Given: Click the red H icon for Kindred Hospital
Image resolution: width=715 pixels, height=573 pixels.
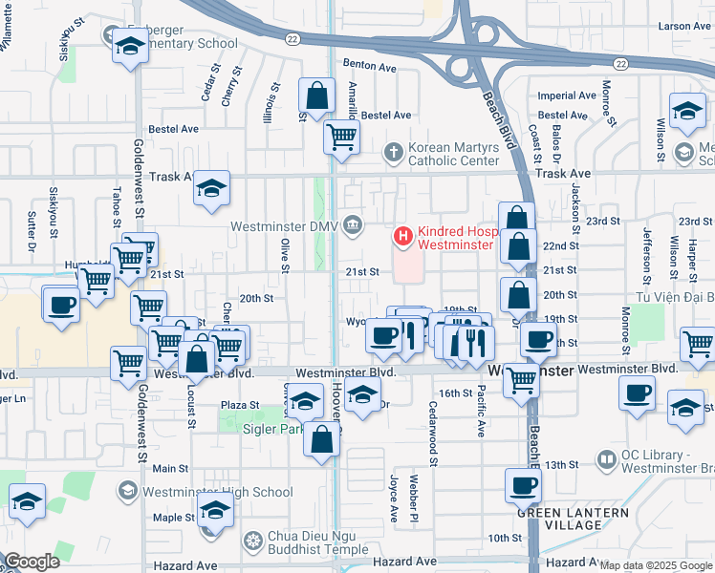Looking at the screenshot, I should [403, 235].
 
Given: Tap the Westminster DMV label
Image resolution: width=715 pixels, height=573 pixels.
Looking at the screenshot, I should [285, 226].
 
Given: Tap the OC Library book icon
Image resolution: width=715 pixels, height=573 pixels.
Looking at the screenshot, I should [606, 460].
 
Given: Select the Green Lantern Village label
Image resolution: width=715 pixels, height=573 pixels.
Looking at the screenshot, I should [574, 519].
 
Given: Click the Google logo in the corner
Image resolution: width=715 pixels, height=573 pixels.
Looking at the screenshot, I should [32, 562].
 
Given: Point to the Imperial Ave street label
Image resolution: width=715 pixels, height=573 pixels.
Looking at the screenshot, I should [568, 95].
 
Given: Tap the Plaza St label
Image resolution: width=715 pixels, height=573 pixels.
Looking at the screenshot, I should [240, 405].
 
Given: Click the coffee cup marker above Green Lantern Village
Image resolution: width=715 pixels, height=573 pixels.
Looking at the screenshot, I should [524, 484].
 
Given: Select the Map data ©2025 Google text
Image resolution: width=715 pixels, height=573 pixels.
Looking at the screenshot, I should [656, 565].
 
